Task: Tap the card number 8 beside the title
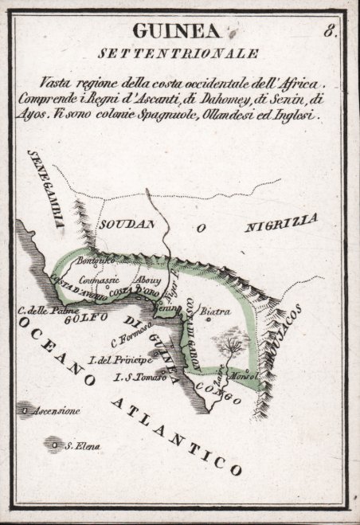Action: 329,32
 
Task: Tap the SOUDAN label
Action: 126,225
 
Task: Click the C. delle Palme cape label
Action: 41,310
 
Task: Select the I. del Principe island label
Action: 119,361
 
